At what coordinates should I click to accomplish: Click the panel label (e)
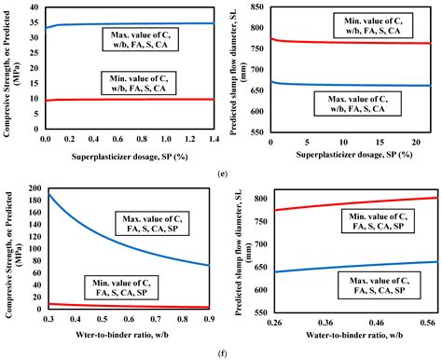coord(220,173)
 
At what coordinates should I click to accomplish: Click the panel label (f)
coord(220,352)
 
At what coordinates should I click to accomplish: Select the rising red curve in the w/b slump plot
coord(354,202)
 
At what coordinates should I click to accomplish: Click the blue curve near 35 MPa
coord(140,23)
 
